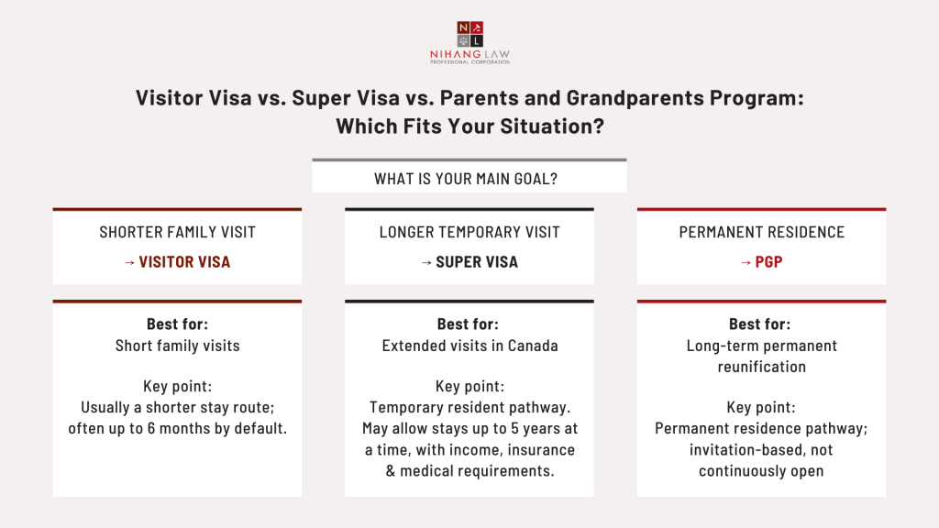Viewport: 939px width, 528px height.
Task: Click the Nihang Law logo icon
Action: click(469, 33)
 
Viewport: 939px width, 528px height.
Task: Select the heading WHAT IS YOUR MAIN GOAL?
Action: click(469, 179)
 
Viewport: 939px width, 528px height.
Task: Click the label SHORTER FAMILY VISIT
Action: click(177, 233)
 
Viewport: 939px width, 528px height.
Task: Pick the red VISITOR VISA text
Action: click(184, 262)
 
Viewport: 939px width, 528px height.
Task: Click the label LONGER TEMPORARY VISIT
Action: click(469, 233)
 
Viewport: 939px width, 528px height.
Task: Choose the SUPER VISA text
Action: click(477, 262)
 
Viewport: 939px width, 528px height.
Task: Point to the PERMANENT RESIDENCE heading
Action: click(761, 233)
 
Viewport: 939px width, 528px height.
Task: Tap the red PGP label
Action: click(768, 262)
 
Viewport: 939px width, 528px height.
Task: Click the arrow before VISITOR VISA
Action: click(129, 262)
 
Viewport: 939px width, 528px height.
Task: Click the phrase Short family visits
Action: click(177, 346)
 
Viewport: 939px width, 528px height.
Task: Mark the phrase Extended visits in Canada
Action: click(469, 346)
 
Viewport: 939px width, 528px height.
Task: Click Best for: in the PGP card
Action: click(759, 324)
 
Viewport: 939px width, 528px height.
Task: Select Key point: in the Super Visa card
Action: click(469, 387)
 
